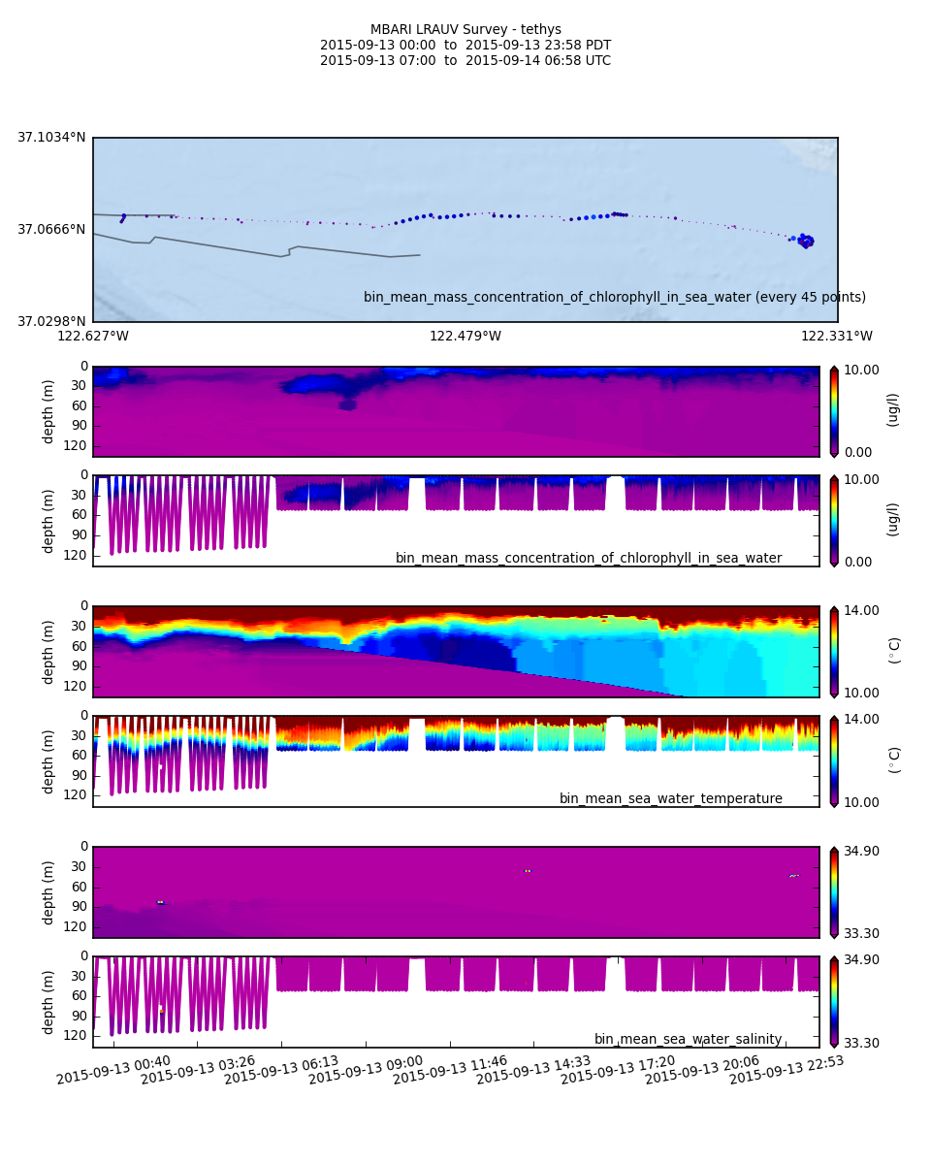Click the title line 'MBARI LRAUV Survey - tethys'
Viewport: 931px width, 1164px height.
tap(465, 30)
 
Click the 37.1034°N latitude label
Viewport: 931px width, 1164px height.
tap(51, 138)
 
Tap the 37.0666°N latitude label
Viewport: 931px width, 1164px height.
tap(51, 230)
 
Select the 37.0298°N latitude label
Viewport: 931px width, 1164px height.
tap(51, 321)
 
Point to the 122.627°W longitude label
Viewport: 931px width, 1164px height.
tap(93, 337)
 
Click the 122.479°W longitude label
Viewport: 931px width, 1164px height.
tap(465, 337)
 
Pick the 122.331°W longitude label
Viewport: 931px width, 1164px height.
tap(836, 337)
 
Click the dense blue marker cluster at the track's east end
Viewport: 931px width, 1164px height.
tap(805, 241)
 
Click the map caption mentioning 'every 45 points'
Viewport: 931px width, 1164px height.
tap(615, 298)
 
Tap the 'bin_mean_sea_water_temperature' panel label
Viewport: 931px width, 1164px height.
tap(671, 799)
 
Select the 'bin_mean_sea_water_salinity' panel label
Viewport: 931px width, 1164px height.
tap(688, 1040)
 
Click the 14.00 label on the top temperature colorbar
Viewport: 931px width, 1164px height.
tap(859, 610)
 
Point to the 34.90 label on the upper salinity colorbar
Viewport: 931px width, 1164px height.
tap(859, 851)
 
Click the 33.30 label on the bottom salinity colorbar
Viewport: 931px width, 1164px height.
tap(859, 1043)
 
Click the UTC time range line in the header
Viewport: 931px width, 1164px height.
tap(465, 61)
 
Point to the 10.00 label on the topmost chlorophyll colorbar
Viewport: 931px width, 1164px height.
tap(859, 370)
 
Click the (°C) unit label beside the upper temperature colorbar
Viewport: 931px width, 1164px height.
tap(894, 650)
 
